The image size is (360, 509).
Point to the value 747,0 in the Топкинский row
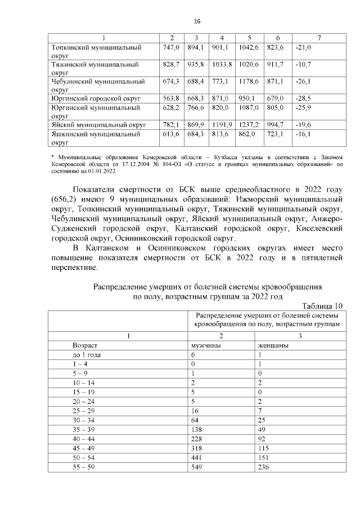tap(170, 48)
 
